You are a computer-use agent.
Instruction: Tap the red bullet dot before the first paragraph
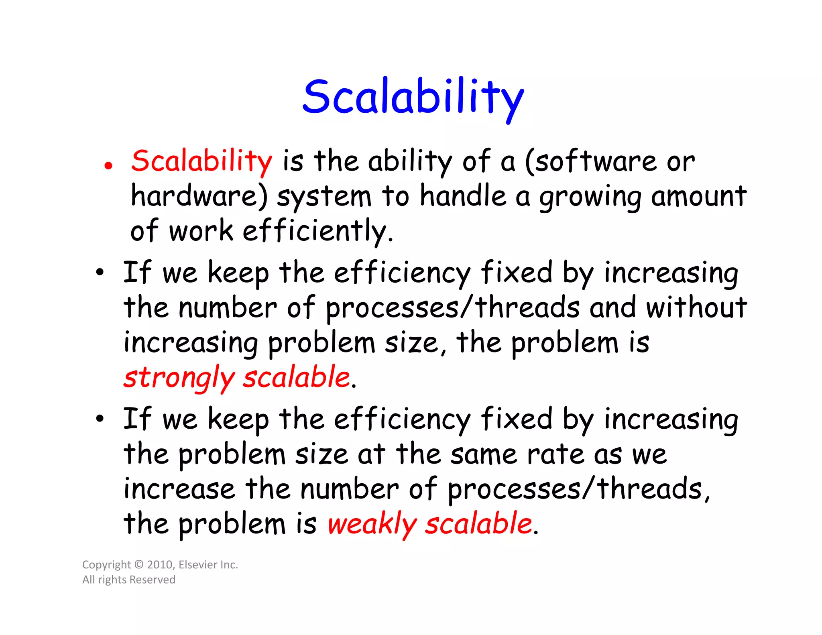click(x=108, y=165)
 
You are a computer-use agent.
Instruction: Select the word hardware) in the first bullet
click(x=199, y=196)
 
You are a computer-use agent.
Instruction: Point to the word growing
click(x=590, y=198)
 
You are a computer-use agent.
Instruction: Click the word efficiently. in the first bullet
click(x=318, y=232)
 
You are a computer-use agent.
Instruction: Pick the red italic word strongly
click(x=179, y=378)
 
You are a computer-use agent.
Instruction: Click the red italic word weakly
click(x=372, y=524)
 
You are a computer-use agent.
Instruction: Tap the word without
click(x=696, y=307)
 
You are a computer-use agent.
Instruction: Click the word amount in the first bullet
click(x=698, y=196)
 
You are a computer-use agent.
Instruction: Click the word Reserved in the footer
click(x=152, y=580)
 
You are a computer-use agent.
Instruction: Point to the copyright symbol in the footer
click(x=139, y=565)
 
